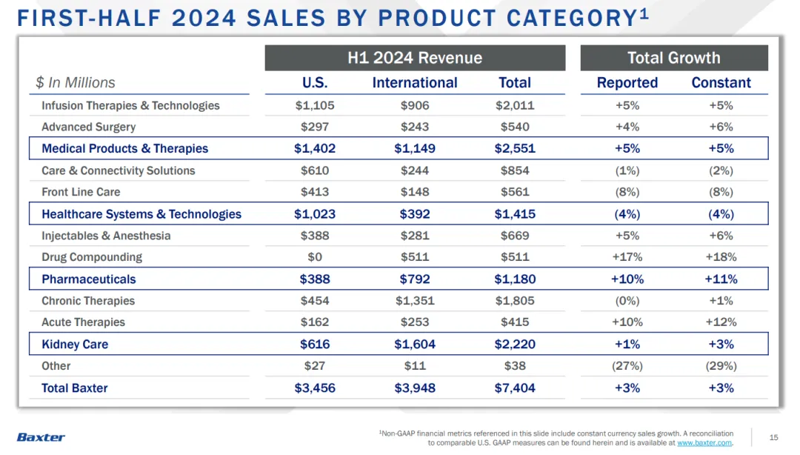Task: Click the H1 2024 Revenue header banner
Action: tap(415, 58)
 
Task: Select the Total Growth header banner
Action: tap(673, 58)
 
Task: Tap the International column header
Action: tap(415, 83)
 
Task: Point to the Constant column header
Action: tap(721, 83)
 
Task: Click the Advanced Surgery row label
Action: tap(89, 127)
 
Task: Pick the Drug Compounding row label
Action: tap(92, 257)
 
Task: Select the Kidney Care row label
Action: tap(75, 345)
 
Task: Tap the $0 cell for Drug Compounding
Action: tap(315, 257)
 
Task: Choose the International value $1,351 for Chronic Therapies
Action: tap(415, 301)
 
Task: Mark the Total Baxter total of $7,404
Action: tap(515, 388)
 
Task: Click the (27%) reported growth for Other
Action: tap(627, 366)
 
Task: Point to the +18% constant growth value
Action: tap(721, 257)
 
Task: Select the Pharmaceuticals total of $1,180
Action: tap(515, 279)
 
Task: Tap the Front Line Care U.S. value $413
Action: tap(315, 192)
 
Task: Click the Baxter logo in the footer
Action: tap(41, 437)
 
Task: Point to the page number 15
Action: tap(774, 437)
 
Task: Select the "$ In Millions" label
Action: tap(76, 83)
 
